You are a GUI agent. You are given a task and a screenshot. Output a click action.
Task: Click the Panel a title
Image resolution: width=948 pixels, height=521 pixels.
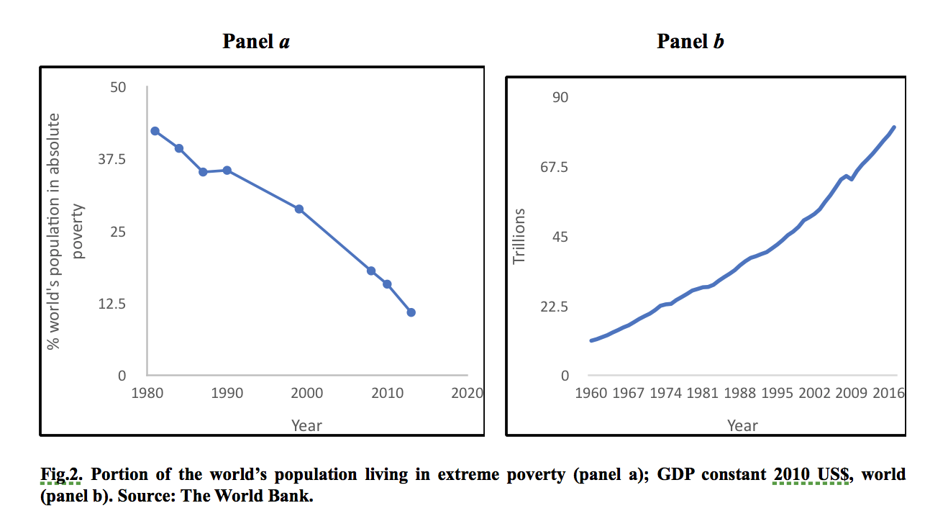(256, 42)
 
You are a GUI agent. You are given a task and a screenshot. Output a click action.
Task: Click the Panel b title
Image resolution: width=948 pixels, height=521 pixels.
(691, 42)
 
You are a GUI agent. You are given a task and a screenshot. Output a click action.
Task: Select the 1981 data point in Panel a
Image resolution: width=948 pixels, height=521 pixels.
(155, 131)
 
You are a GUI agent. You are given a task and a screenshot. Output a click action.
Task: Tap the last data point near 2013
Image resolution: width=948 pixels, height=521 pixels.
(411, 312)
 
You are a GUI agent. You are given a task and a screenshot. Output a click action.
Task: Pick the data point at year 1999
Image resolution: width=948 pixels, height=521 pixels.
(299, 209)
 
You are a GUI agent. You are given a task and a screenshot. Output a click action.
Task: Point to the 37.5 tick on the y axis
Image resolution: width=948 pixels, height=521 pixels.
(111, 159)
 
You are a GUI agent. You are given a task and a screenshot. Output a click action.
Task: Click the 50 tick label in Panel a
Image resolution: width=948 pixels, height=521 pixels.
(117, 87)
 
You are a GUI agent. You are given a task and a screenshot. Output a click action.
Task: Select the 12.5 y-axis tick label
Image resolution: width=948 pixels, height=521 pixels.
(111, 304)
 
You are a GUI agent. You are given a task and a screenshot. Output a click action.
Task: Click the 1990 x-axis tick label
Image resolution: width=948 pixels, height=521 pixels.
(227, 394)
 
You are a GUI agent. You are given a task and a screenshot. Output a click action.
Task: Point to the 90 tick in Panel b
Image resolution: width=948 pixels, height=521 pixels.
(560, 97)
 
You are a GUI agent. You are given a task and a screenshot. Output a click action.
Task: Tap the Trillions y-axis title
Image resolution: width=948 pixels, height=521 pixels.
(520, 235)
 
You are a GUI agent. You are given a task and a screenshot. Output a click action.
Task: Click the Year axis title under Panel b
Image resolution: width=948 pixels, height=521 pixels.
(742, 425)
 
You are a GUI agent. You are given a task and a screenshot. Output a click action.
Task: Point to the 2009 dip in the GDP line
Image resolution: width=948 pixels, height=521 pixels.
(852, 179)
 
